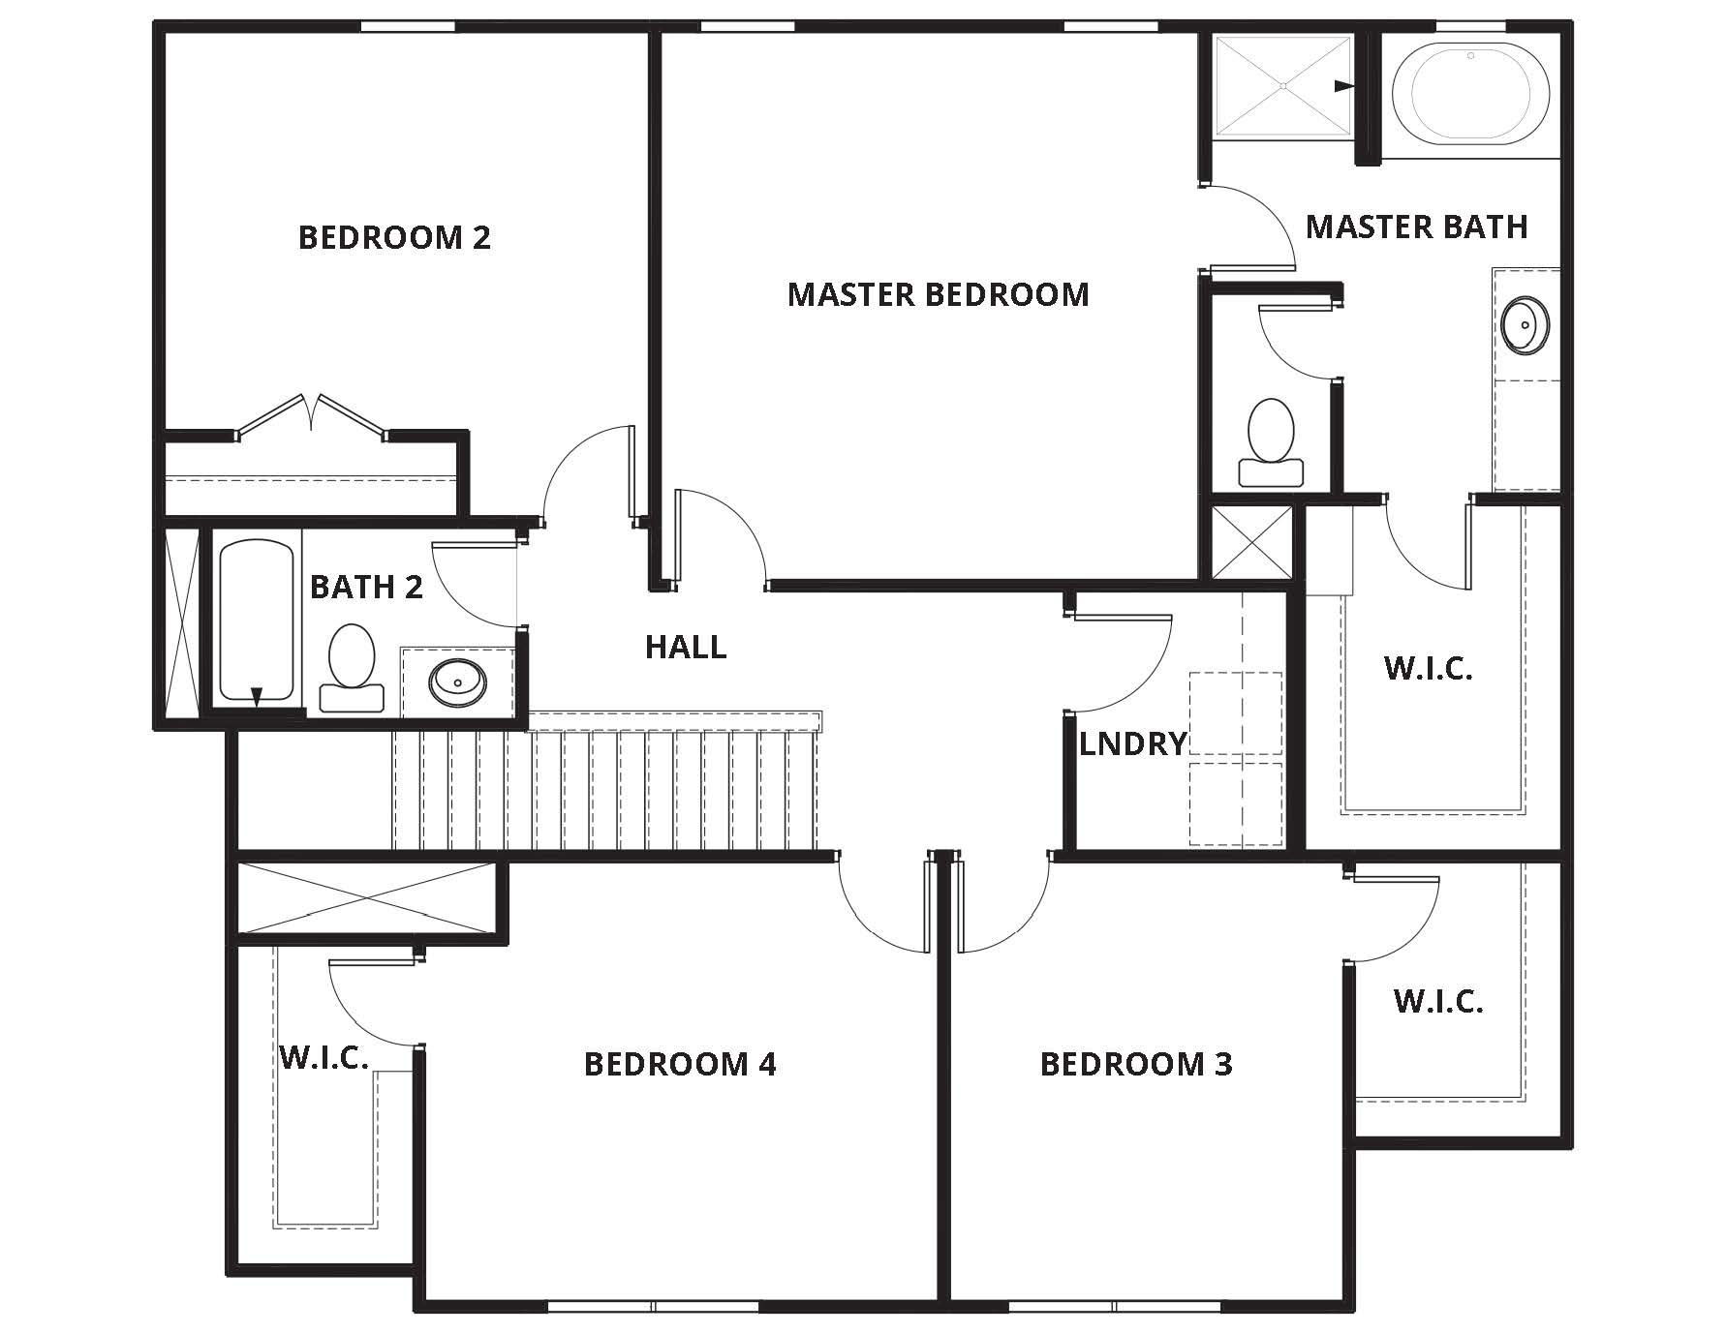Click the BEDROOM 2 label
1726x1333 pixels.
point(394,237)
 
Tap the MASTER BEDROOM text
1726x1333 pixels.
point(938,294)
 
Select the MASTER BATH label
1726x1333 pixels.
point(1416,227)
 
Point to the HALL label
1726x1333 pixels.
point(686,647)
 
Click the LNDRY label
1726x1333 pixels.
point(1132,743)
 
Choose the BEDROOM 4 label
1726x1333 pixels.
point(680,1064)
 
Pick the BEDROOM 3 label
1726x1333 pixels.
point(1136,1064)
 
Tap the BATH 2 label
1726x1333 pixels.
point(366,587)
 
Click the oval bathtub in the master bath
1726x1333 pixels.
point(1468,90)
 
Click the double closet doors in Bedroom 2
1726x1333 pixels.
point(312,415)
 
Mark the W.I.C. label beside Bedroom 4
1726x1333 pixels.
point(324,1056)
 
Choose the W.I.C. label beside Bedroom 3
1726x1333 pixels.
point(1438,1001)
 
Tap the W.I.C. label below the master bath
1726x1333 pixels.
point(1429,668)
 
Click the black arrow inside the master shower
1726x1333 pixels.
point(1343,86)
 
